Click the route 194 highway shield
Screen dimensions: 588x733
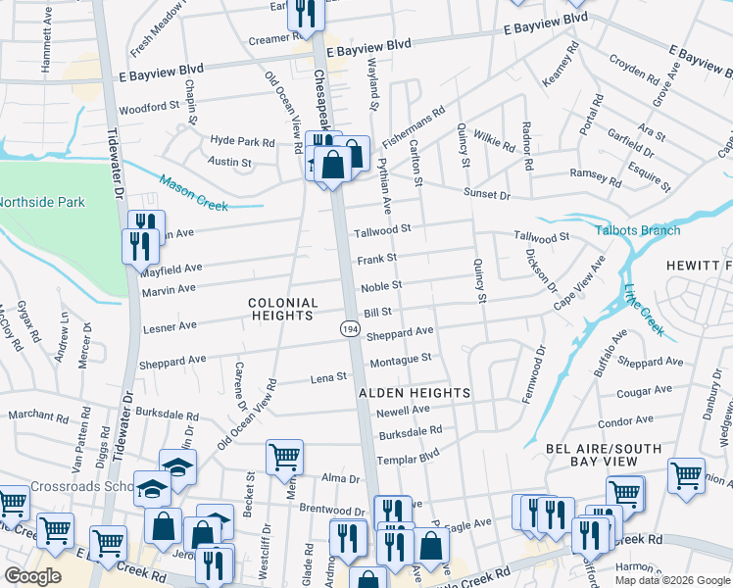click(350, 331)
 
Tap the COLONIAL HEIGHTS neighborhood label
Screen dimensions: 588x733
click(282, 310)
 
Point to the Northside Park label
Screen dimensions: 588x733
click(42, 202)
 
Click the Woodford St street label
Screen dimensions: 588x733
click(150, 105)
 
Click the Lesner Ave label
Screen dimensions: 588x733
click(171, 325)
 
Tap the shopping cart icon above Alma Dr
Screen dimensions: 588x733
click(284, 455)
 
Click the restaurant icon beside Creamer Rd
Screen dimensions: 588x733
click(305, 13)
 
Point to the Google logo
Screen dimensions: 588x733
click(34, 576)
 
